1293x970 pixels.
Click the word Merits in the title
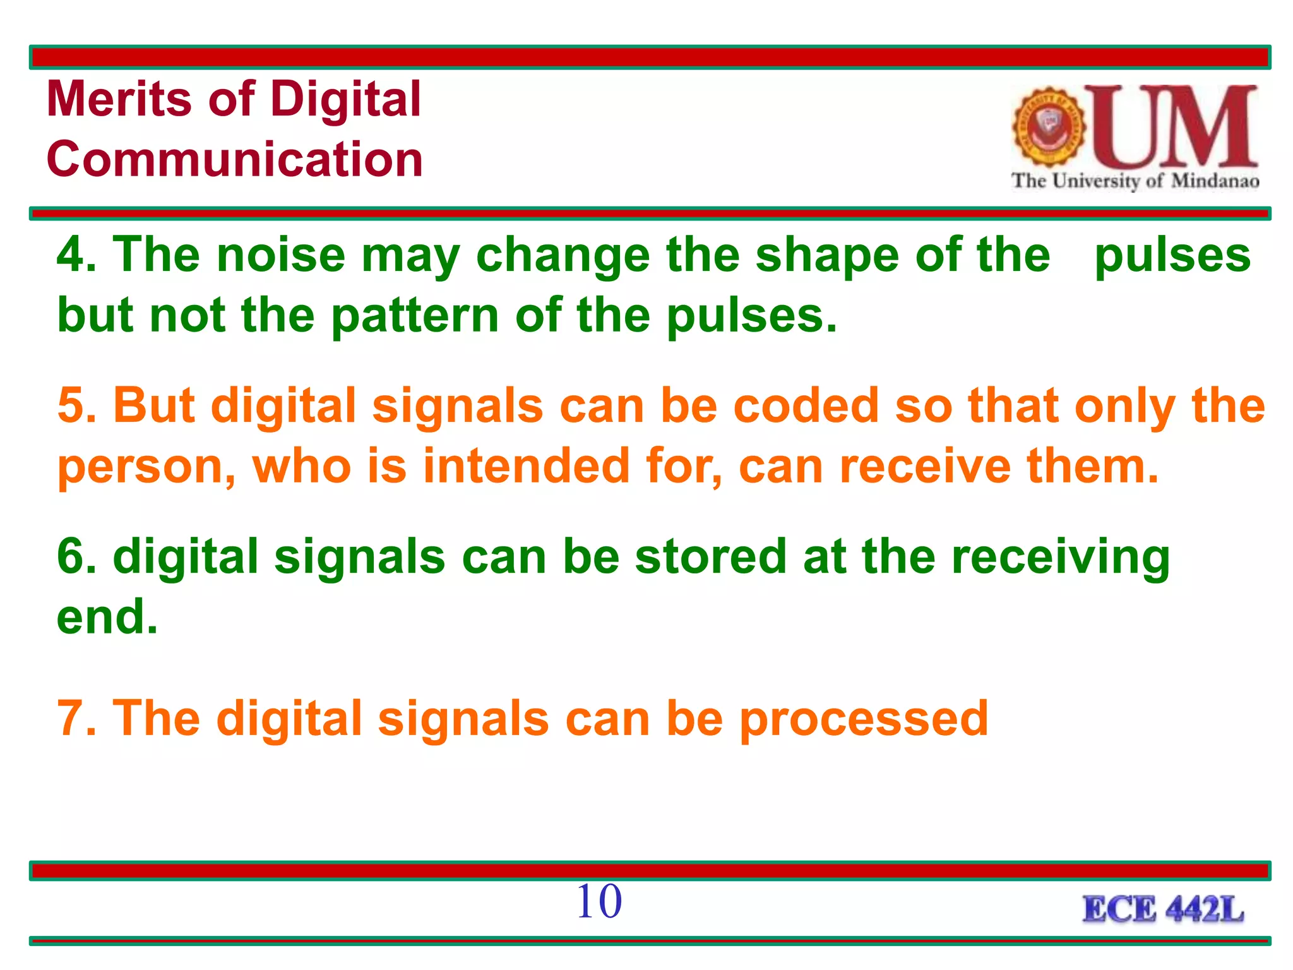coord(119,99)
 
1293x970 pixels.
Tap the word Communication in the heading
coord(234,159)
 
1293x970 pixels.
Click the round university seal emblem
coord(1049,127)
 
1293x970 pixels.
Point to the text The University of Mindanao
coord(1135,181)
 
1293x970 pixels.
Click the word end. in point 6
coord(107,617)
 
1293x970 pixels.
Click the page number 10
coord(599,901)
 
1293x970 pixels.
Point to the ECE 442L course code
coord(1163,910)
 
